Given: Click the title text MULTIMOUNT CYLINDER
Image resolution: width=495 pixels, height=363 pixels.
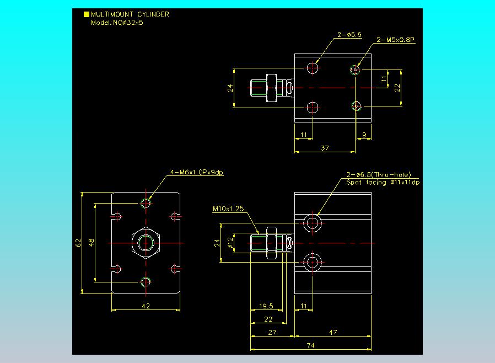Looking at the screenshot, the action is (130, 14).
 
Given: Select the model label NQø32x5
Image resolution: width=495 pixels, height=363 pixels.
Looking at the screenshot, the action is (128, 23).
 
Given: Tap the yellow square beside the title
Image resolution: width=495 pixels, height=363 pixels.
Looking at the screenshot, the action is (86, 14).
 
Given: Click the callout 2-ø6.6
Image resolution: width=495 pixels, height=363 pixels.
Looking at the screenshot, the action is (349, 35).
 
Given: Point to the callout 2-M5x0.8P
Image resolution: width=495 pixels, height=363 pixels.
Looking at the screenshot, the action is (395, 40).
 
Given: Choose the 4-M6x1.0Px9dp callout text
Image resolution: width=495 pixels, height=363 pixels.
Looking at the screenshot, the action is (196, 172).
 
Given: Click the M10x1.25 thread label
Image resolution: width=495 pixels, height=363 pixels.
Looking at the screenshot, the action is (228, 209).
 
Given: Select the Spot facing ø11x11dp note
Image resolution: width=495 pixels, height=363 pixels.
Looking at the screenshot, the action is (383, 182).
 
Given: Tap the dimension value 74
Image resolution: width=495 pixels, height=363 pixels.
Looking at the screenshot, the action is (311, 345).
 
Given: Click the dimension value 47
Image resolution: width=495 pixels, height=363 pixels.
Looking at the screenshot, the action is (333, 332).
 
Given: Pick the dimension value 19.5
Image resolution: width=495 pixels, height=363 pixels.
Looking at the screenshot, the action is (266, 306).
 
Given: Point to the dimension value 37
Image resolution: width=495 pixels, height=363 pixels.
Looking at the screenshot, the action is (325, 148).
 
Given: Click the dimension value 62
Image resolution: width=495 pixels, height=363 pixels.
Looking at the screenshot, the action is (78, 243).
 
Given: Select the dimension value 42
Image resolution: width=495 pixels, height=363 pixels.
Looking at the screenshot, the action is (146, 306).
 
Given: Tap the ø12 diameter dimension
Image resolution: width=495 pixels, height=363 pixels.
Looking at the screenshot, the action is (230, 242).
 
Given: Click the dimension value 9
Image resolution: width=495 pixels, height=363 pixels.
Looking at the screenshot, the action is (364, 135).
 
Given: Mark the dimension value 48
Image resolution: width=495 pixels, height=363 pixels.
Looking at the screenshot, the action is (92, 243).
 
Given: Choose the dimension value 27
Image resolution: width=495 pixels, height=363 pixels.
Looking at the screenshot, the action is (272, 332).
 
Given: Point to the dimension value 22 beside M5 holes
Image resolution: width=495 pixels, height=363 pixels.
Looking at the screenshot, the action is (397, 88).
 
